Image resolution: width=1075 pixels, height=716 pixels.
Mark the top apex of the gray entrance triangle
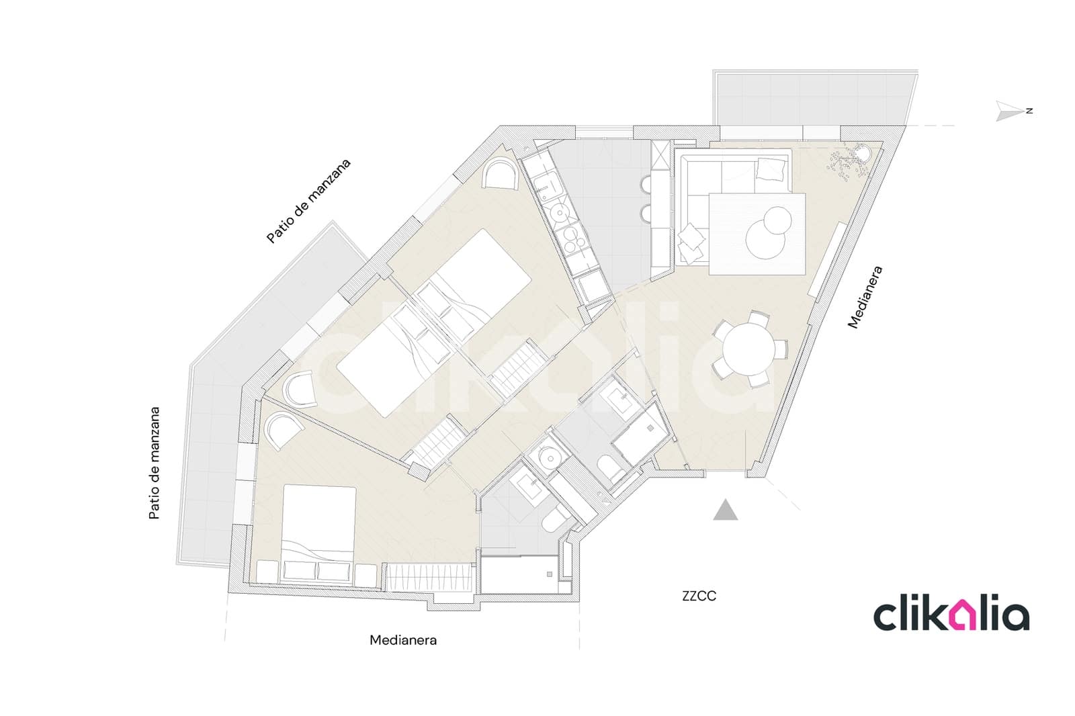coord(725,500)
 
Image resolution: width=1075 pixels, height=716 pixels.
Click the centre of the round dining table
coord(748,349)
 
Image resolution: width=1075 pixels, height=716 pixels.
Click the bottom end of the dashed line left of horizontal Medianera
coord(224,641)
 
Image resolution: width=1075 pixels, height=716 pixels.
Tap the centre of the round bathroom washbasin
coord(546,458)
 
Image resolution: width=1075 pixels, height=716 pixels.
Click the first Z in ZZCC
coord(686,596)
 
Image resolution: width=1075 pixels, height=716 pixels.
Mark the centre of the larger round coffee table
coord(765,238)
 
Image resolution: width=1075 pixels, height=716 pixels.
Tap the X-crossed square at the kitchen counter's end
coord(660,155)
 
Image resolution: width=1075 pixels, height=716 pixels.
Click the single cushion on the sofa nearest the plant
coord(770,169)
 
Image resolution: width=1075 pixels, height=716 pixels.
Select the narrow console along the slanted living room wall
coord(826,260)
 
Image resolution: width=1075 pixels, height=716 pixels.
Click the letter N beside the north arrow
coord(1029,111)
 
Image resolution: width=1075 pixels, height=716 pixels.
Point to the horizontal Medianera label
coord(403,639)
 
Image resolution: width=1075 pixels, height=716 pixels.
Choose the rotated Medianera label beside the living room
coord(865,297)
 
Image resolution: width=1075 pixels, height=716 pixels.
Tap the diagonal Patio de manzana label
coord(308,201)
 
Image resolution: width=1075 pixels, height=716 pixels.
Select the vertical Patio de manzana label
coord(154,463)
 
